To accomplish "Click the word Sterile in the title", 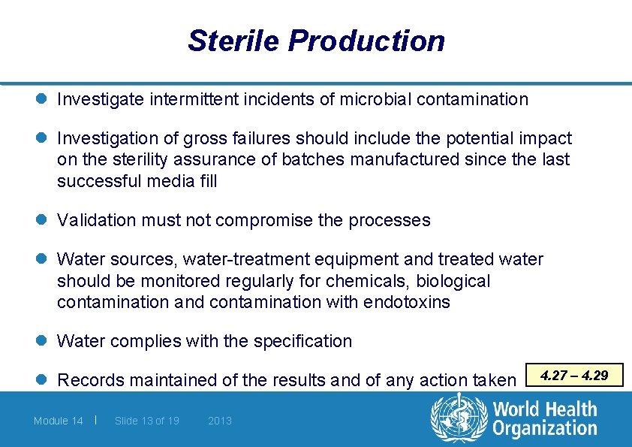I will click(x=234, y=41).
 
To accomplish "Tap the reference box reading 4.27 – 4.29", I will click(x=575, y=375).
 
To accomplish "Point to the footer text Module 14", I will click(x=58, y=421).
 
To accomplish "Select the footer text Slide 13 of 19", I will click(x=146, y=421).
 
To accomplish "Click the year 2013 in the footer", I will click(x=220, y=421).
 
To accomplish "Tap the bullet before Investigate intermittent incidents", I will click(x=44, y=99).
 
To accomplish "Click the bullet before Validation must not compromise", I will click(x=44, y=220).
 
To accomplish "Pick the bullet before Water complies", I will click(x=44, y=341).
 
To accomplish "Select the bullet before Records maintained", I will click(x=44, y=380).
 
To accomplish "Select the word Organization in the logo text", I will click(x=545, y=429).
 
